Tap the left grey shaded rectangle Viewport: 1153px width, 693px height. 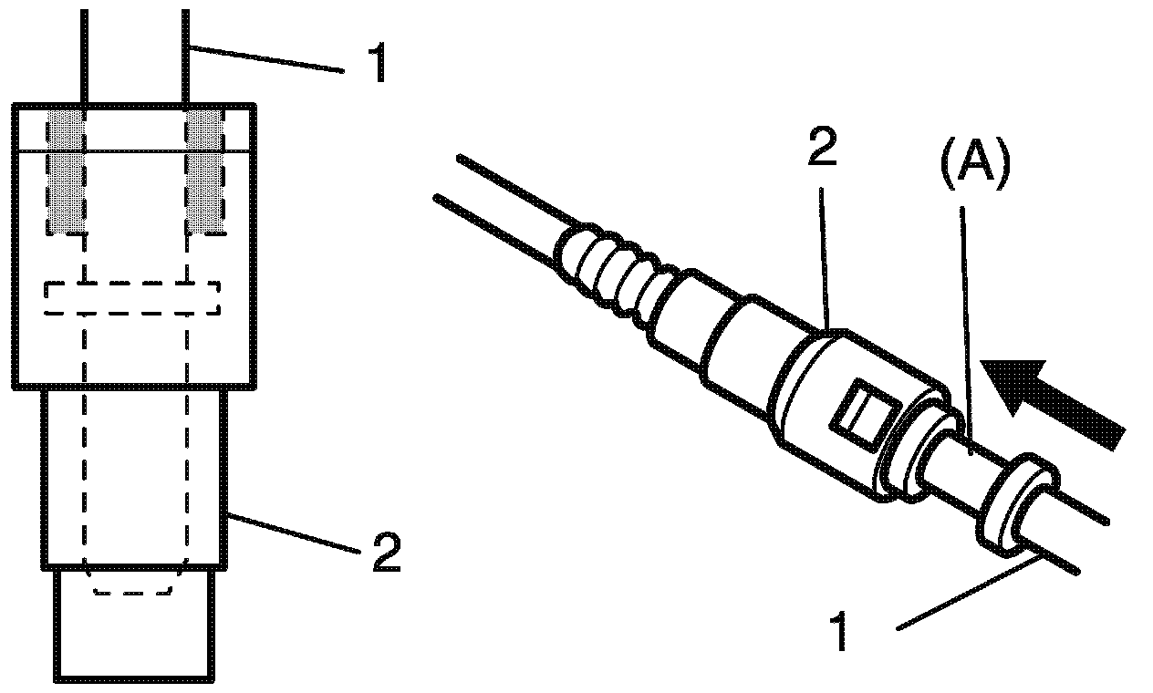coord(65,173)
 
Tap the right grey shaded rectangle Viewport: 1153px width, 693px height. coord(206,173)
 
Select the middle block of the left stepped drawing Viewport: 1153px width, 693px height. coord(135,479)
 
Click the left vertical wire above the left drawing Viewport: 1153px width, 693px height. coord(84,55)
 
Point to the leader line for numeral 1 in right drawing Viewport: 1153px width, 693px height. coord(967,597)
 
